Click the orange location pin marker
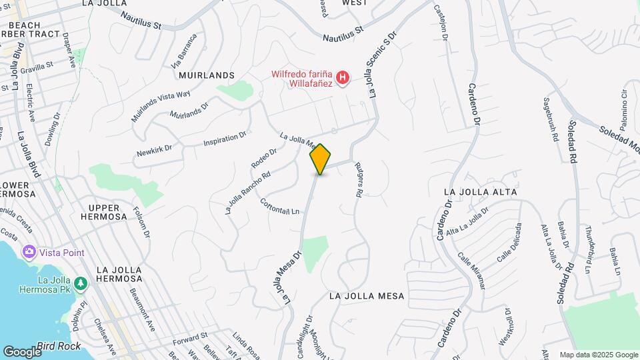click(320, 159)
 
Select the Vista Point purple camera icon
click(29, 252)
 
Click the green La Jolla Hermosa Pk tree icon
click(80, 284)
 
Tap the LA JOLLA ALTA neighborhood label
click(481, 192)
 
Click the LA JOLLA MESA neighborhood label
click(367, 295)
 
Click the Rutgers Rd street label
click(358, 179)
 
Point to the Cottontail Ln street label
click(280, 207)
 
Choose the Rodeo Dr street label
click(264, 158)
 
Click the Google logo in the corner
click(22, 351)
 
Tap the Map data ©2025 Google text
click(598, 355)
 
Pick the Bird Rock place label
click(59, 346)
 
